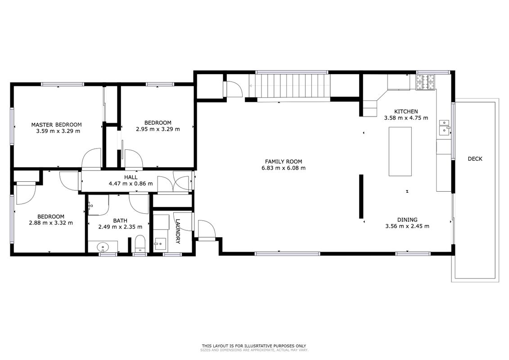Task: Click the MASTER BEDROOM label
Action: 57,125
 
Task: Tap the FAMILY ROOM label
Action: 284,162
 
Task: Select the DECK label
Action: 475,159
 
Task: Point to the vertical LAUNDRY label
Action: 178,231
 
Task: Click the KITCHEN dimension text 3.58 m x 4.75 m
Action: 406,118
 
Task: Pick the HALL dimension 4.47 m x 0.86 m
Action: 131,184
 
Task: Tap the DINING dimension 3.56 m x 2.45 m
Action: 407,226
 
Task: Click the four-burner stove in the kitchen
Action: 426,82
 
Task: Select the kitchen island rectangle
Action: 400,151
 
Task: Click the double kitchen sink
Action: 444,127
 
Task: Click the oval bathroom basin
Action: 103,247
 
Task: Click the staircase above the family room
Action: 289,85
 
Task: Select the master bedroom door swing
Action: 91,159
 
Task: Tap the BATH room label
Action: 120,221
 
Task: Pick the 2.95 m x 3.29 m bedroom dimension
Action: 158,129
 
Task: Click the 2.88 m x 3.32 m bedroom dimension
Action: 51,223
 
